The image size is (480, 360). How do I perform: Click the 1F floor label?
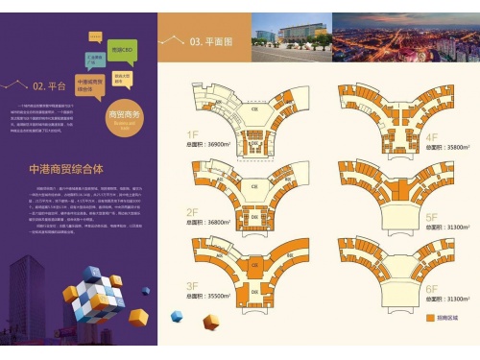pyautogui.click(x=193, y=134)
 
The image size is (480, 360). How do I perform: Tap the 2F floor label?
pyautogui.click(x=193, y=210)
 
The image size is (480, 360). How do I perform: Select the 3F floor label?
pyautogui.click(x=193, y=286)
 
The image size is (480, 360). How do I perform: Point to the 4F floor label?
pyautogui.click(x=431, y=137)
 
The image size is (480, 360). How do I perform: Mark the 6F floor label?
pyautogui.click(x=431, y=288)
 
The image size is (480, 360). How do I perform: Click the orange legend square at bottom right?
pyautogui.click(x=429, y=315)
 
